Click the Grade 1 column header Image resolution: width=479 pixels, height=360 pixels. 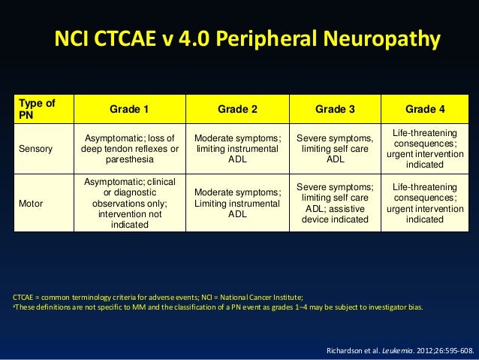129,109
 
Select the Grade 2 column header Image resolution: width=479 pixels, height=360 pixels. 237,109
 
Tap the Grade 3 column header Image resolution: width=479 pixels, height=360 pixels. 335,109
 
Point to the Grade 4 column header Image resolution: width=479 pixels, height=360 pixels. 425,109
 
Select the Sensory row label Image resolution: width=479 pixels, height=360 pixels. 37,149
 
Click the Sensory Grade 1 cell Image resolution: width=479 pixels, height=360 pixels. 129,149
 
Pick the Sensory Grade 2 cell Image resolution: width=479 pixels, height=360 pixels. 237,149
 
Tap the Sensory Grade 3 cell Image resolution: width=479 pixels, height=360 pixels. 335,149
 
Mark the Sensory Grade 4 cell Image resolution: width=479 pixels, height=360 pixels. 425,149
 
